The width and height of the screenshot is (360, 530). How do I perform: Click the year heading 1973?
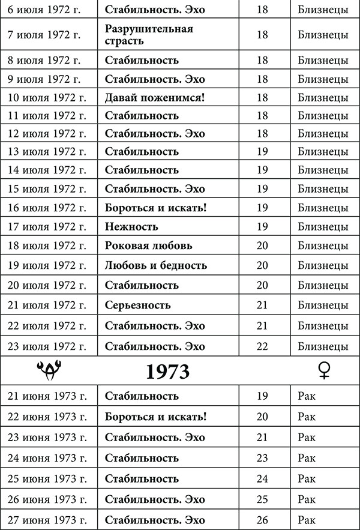click(167, 372)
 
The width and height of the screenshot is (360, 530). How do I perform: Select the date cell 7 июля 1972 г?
click(43, 35)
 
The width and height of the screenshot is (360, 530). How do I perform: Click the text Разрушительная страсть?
click(149, 35)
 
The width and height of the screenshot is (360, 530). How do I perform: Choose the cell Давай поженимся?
click(155, 97)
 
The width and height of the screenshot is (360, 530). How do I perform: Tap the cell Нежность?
click(131, 226)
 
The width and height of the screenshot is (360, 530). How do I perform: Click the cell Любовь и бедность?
click(156, 265)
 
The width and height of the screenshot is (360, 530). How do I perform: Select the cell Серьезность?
click(137, 305)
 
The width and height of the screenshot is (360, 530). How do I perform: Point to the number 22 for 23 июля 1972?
click(262, 346)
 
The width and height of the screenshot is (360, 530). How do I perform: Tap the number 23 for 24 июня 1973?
click(262, 458)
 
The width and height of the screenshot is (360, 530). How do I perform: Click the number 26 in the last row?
click(262, 520)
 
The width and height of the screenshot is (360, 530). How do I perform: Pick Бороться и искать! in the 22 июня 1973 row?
click(155, 417)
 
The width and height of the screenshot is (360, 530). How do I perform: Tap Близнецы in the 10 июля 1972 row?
click(323, 97)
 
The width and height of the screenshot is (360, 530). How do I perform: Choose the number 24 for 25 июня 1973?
click(262, 478)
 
